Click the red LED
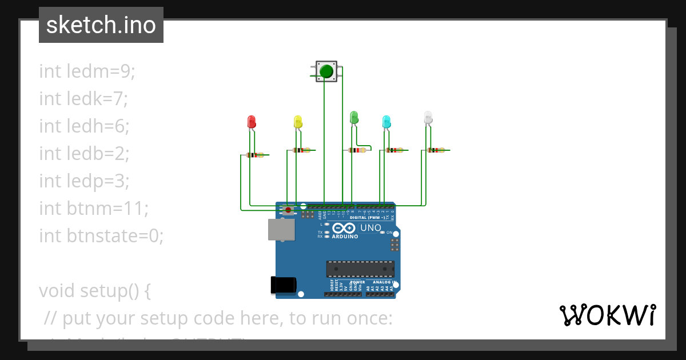[x=252, y=121]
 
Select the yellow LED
[x=298, y=121]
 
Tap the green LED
[x=354, y=118]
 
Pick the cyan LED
[x=386, y=121]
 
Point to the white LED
[x=428, y=118]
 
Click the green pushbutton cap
[x=326, y=71]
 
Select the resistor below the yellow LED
[x=301, y=150]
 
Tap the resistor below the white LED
[x=436, y=150]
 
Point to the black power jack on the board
[x=284, y=285]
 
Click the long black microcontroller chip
[x=360, y=269]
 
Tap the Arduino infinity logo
[x=344, y=229]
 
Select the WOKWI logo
[x=607, y=315]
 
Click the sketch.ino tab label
[x=101, y=25]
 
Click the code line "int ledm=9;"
[x=87, y=71]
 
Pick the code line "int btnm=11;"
[x=94, y=209]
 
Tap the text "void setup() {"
[x=95, y=291]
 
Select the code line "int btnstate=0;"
[x=101, y=235]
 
